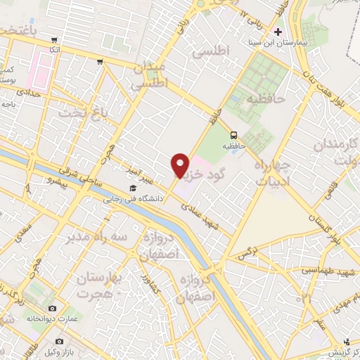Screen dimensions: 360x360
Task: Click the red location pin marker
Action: [x=180, y=165]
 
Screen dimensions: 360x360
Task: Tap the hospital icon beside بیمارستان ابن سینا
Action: [x=278, y=32]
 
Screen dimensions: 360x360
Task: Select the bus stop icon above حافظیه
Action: [x=233, y=136]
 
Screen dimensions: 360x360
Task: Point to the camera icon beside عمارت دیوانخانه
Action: [x=52, y=309]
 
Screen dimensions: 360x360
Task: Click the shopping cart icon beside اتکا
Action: [x=43, y=50]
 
